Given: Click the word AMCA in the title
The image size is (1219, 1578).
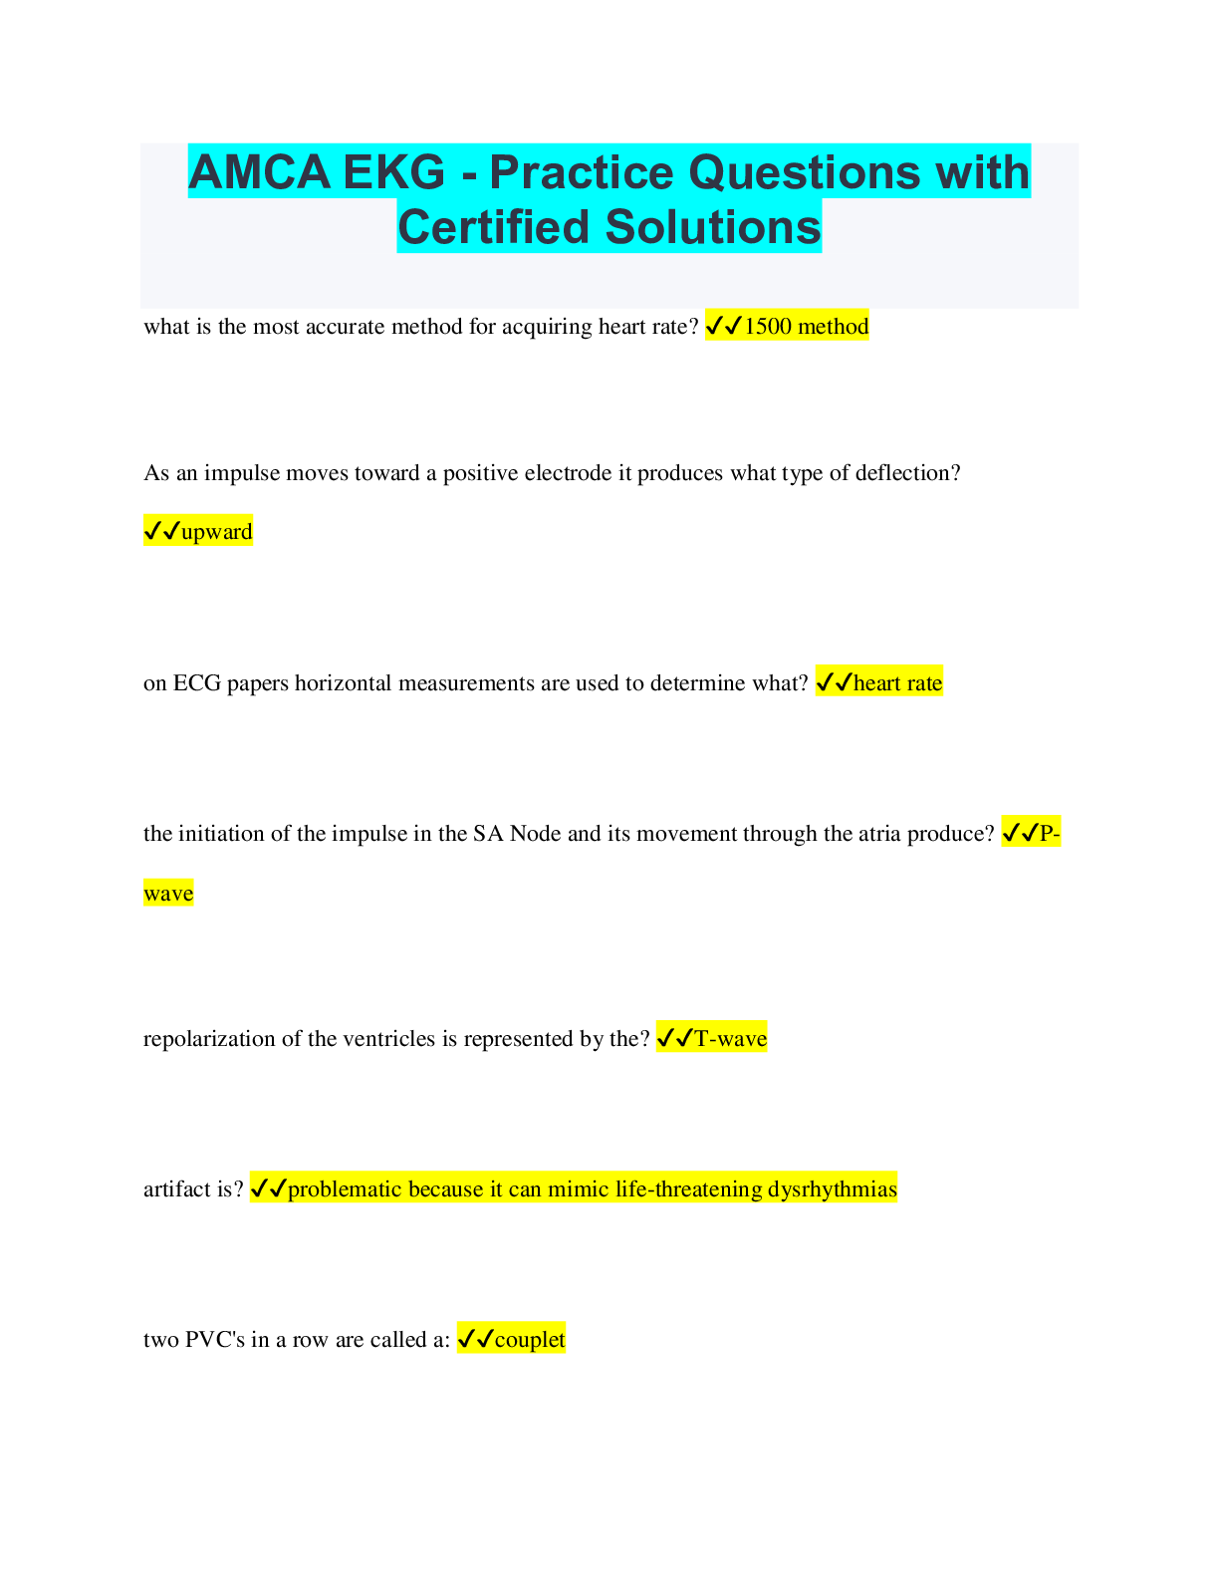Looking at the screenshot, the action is click(x=259, y=172).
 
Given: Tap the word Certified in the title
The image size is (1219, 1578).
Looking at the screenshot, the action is click(x=494, y=227).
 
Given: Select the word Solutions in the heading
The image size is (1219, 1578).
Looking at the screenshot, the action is click(x=712, y=227).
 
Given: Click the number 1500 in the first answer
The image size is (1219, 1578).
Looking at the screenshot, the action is click(x=768, y=326).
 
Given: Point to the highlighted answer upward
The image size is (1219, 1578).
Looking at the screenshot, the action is click(x=217, y=532).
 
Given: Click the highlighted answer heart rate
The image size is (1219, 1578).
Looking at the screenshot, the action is click(x=897, y=682).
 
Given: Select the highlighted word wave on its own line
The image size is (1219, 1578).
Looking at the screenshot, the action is click(x=168, y=893).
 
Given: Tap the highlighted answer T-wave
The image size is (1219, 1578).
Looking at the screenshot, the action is click(x=730, y=1038).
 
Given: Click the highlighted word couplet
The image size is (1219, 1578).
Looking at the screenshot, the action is click(x=529, y=1339).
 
